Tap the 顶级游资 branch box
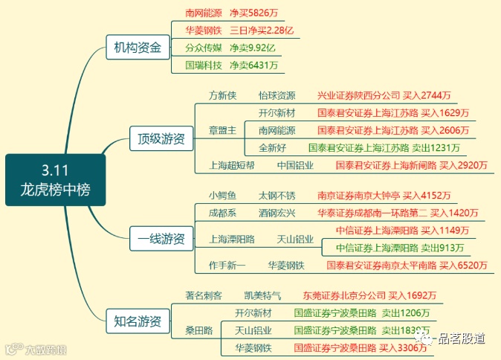(x=161, y=138)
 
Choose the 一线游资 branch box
(x=161, y=239)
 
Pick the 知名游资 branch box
(x=137, y=321)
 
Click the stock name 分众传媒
(x=204, y=48)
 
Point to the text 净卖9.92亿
(x=252, y=48)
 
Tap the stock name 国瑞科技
(x=204, y=65)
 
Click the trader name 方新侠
(x=222, y=96)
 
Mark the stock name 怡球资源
(x=277, y=96)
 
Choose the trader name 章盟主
(x=222, y=130)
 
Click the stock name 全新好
(x=272, y=147)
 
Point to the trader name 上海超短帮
(x=232, y=165)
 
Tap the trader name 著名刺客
(x=204, y=295)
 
